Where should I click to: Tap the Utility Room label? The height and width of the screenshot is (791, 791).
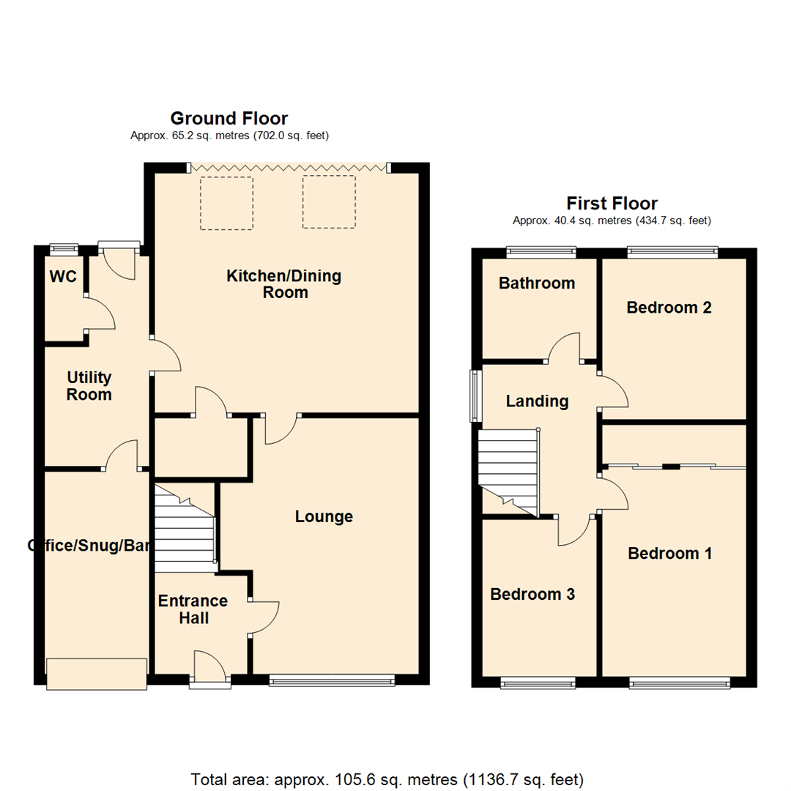click(x=89, y=386)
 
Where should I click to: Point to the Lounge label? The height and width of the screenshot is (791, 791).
click(x=324, y=517)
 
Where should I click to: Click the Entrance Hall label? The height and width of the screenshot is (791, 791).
click(x=193, y=609)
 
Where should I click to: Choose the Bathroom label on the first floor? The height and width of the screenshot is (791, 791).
click(x=537, y=283)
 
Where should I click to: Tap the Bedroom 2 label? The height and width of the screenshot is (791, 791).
click(x=669, y=308)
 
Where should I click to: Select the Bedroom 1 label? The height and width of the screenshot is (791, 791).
click(x=669, y=554)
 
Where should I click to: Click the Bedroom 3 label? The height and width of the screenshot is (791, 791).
click(x=532, y=595)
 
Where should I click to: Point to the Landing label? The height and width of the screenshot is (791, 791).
click(x=537, y=401)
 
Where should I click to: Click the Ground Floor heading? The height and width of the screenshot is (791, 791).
click(x=229, y=119)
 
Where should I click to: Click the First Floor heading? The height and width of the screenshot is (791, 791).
click(x=612, y=204)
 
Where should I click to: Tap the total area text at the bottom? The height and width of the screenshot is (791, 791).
click(x=387, y=779)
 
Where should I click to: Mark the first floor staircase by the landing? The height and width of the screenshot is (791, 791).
click(x=508, y=469)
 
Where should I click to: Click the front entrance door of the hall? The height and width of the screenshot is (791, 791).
click(x=209, y=669)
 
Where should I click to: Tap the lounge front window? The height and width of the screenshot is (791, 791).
click(x=332, y=681)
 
